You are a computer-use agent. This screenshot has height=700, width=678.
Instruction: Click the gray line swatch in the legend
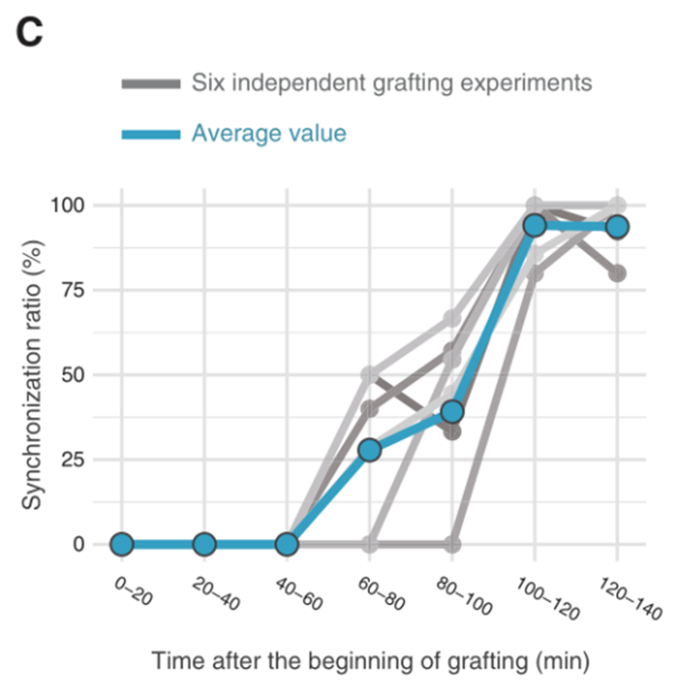coord(151,85)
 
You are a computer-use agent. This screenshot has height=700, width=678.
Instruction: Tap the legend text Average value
coord(268,134)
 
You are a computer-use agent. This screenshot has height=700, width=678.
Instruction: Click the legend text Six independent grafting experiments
coord(392,83)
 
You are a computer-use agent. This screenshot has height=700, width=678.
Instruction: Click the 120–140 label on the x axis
coord(630,599)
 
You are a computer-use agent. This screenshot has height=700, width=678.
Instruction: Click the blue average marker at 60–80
coord(370,450)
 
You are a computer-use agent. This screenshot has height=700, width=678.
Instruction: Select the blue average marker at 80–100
coord(452,412)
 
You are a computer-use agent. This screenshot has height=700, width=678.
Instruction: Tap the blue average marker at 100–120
coord(535,225)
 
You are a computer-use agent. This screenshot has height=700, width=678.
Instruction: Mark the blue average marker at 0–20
coord(121,545)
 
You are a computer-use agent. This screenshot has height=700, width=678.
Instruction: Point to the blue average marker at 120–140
coord(618,227)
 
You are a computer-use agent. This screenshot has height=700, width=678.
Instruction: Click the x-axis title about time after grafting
coord(370,661)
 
